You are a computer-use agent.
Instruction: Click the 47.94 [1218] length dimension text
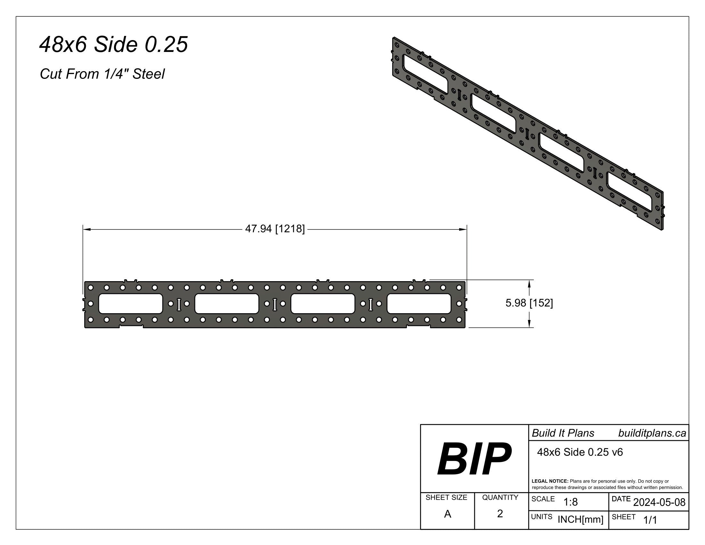275,229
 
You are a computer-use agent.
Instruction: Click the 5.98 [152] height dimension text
529,303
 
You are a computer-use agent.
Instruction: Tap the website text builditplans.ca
652,433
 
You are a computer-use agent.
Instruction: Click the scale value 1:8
570,502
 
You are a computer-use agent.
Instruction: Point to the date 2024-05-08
659,502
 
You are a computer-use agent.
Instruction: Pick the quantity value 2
500,513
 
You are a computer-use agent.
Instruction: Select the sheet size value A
447,514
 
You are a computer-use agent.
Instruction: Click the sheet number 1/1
650,520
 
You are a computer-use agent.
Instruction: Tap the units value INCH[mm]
580,519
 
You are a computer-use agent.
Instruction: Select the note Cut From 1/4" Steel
102,74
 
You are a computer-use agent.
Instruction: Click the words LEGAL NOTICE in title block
550,481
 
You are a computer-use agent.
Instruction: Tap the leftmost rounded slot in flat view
130,304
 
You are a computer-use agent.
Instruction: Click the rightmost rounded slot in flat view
419,304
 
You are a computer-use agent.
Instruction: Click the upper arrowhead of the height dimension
529,283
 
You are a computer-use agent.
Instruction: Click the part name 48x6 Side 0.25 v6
580,452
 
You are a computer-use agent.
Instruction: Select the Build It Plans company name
563,433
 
